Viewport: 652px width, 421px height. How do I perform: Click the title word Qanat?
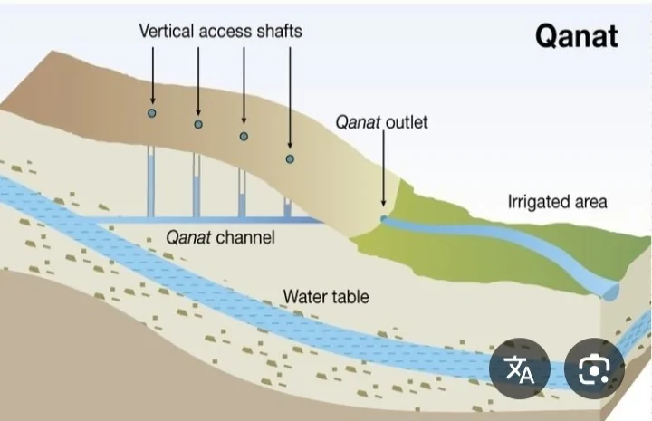point(576,36)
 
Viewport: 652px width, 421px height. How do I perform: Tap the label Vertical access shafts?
point(220,31)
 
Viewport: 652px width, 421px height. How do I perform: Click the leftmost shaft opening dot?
point(152,113)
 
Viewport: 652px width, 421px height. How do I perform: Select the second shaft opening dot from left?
point(198,124)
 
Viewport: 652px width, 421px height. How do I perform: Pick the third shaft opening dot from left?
point(243,137)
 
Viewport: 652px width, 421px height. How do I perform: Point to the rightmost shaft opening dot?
point(290,159)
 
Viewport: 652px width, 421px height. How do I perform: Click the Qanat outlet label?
point(382,121)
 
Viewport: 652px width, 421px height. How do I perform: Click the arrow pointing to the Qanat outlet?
point(383,172)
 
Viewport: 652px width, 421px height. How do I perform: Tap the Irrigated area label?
point(557,202)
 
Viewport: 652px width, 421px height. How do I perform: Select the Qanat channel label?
point(220,238)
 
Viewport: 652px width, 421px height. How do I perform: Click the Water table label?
point(326,296)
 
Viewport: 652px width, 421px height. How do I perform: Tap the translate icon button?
point(520,368)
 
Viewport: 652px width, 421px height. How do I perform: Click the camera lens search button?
point(594,368)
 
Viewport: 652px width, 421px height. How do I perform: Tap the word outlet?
point(407,121)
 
